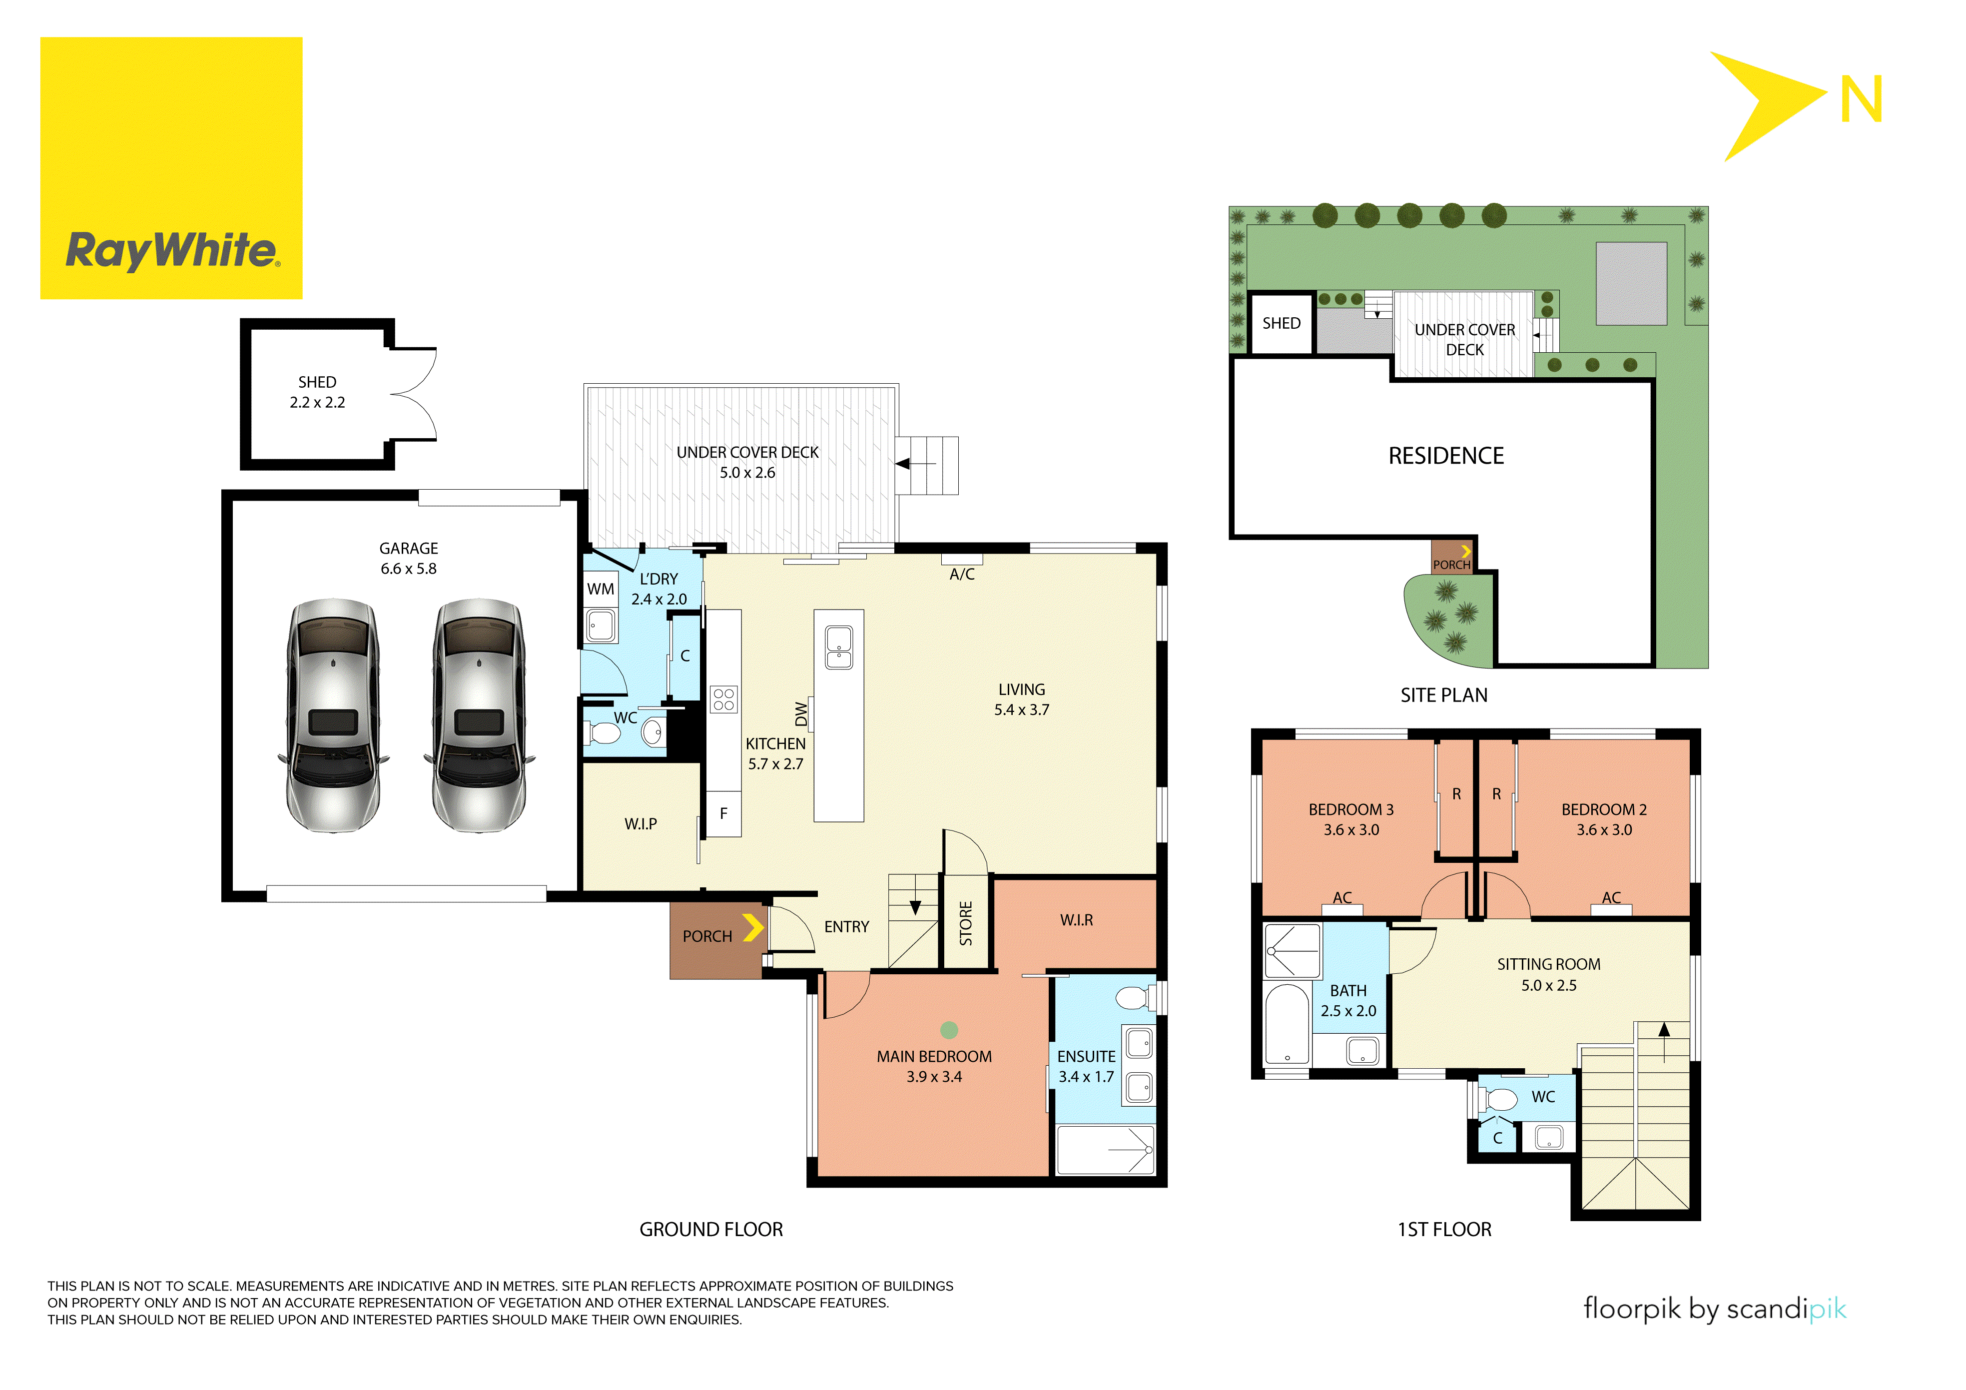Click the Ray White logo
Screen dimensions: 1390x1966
[x=171, y=168]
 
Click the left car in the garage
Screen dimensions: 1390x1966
[x=333, y=715]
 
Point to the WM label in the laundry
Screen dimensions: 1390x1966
[x=600, y=589]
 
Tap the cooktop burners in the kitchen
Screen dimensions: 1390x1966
[x=723, y=699]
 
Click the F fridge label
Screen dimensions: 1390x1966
[x=723, y=813]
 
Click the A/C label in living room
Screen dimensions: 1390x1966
[x=962, y=574]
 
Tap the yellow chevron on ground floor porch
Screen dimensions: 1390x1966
[x=752, y=927]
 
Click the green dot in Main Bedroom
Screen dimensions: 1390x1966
[x=949, y=1030]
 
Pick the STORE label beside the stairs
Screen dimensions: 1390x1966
[x=966, y=923]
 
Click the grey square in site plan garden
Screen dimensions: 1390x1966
[x=1631, y=283]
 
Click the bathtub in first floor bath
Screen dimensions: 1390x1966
[x=1287, y=1024]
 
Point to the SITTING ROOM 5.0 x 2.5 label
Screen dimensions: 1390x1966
[x=1548, y=974]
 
